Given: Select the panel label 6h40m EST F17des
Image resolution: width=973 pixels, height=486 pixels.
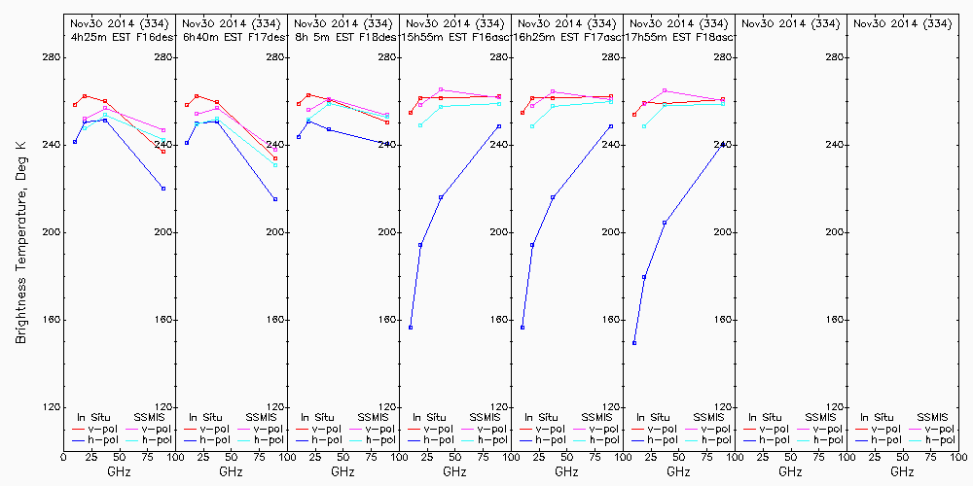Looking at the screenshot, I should pyautogui.click(x=231, y=37).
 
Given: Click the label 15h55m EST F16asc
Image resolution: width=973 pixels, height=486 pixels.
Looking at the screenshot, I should pyautogui.click(x=454, y=37).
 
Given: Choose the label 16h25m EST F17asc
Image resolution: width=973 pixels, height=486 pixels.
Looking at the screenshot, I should pyautogui.click(x=566, y=37).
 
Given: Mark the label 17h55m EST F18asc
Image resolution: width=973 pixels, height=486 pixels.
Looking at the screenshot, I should pyautogui.click(x=678, y=37).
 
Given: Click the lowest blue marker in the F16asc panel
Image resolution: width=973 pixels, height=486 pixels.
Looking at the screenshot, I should pyautogui.click(x=411, y=328).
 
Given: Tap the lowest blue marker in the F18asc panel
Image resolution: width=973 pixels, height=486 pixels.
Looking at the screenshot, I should pyautogui.click(x=634, y=343).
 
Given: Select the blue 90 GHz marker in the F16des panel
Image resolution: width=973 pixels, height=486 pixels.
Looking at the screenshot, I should pyautogui.click(x=163, y=189).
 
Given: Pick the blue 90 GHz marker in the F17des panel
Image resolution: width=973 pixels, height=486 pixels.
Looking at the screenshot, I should pyautogui.click(x=275, y=199).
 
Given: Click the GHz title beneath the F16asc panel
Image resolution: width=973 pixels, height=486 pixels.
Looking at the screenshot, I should pyautogui.click(x=454, y=471).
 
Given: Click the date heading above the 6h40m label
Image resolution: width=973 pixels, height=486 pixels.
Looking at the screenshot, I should pyautogui.click(x=231, y=22).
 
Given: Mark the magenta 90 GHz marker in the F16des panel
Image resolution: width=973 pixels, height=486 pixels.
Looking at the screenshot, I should pyautogui.click(x=163, y=130).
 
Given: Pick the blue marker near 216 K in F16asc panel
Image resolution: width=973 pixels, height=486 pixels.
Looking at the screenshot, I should pyautogui.click(x=441, y=197).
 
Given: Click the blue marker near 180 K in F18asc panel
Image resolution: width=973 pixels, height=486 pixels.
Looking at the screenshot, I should pyautogui.click(x=644, y=277).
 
